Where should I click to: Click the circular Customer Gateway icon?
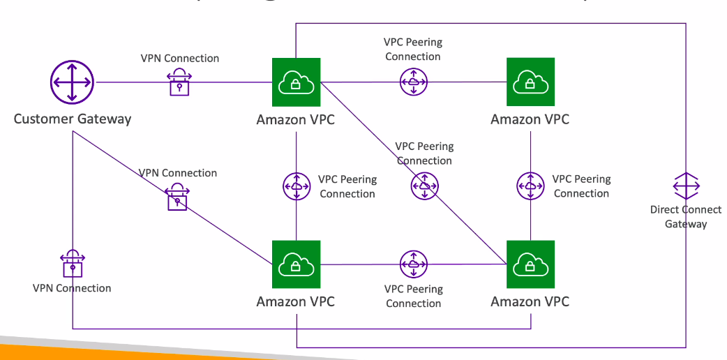73,82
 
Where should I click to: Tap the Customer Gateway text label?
73,119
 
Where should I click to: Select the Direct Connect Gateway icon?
686,186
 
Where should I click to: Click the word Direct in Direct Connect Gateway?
666,209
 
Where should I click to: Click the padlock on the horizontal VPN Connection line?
179,82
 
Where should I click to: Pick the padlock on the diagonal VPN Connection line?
177,198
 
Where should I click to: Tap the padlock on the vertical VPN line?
73,264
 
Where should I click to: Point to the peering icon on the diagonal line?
424,186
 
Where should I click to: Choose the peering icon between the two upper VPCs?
413,82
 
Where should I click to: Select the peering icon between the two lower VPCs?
413,264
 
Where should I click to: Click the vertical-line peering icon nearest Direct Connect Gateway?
531,186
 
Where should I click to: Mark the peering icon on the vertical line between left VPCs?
297,186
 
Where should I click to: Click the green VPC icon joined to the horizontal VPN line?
296,82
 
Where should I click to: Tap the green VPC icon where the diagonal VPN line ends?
296,264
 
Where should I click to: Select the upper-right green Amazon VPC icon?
530,82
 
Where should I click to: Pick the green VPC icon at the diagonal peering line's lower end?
530,264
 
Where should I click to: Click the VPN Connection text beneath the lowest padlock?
72,288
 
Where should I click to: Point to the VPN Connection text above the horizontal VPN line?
180,59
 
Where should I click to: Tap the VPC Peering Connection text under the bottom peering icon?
414,296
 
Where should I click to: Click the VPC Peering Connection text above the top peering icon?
413,50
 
